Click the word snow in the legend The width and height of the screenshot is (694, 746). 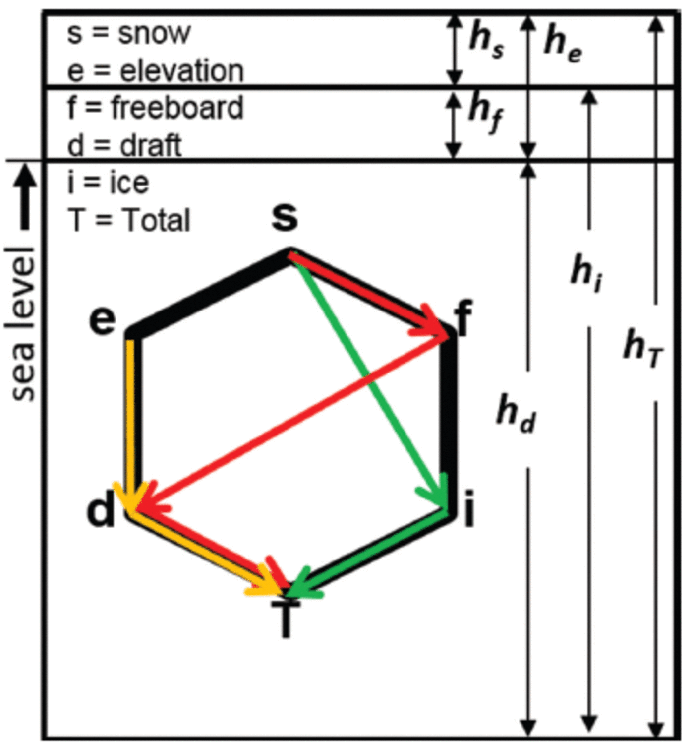tap(154, 34)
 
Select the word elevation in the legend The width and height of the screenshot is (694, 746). tap(181, 71)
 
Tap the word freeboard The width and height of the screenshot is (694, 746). tap(177, 108)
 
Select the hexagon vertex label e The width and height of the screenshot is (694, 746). tap(103, 320)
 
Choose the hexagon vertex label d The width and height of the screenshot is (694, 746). tap(101, 511)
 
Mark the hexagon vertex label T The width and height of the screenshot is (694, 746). tap(285, 620)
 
